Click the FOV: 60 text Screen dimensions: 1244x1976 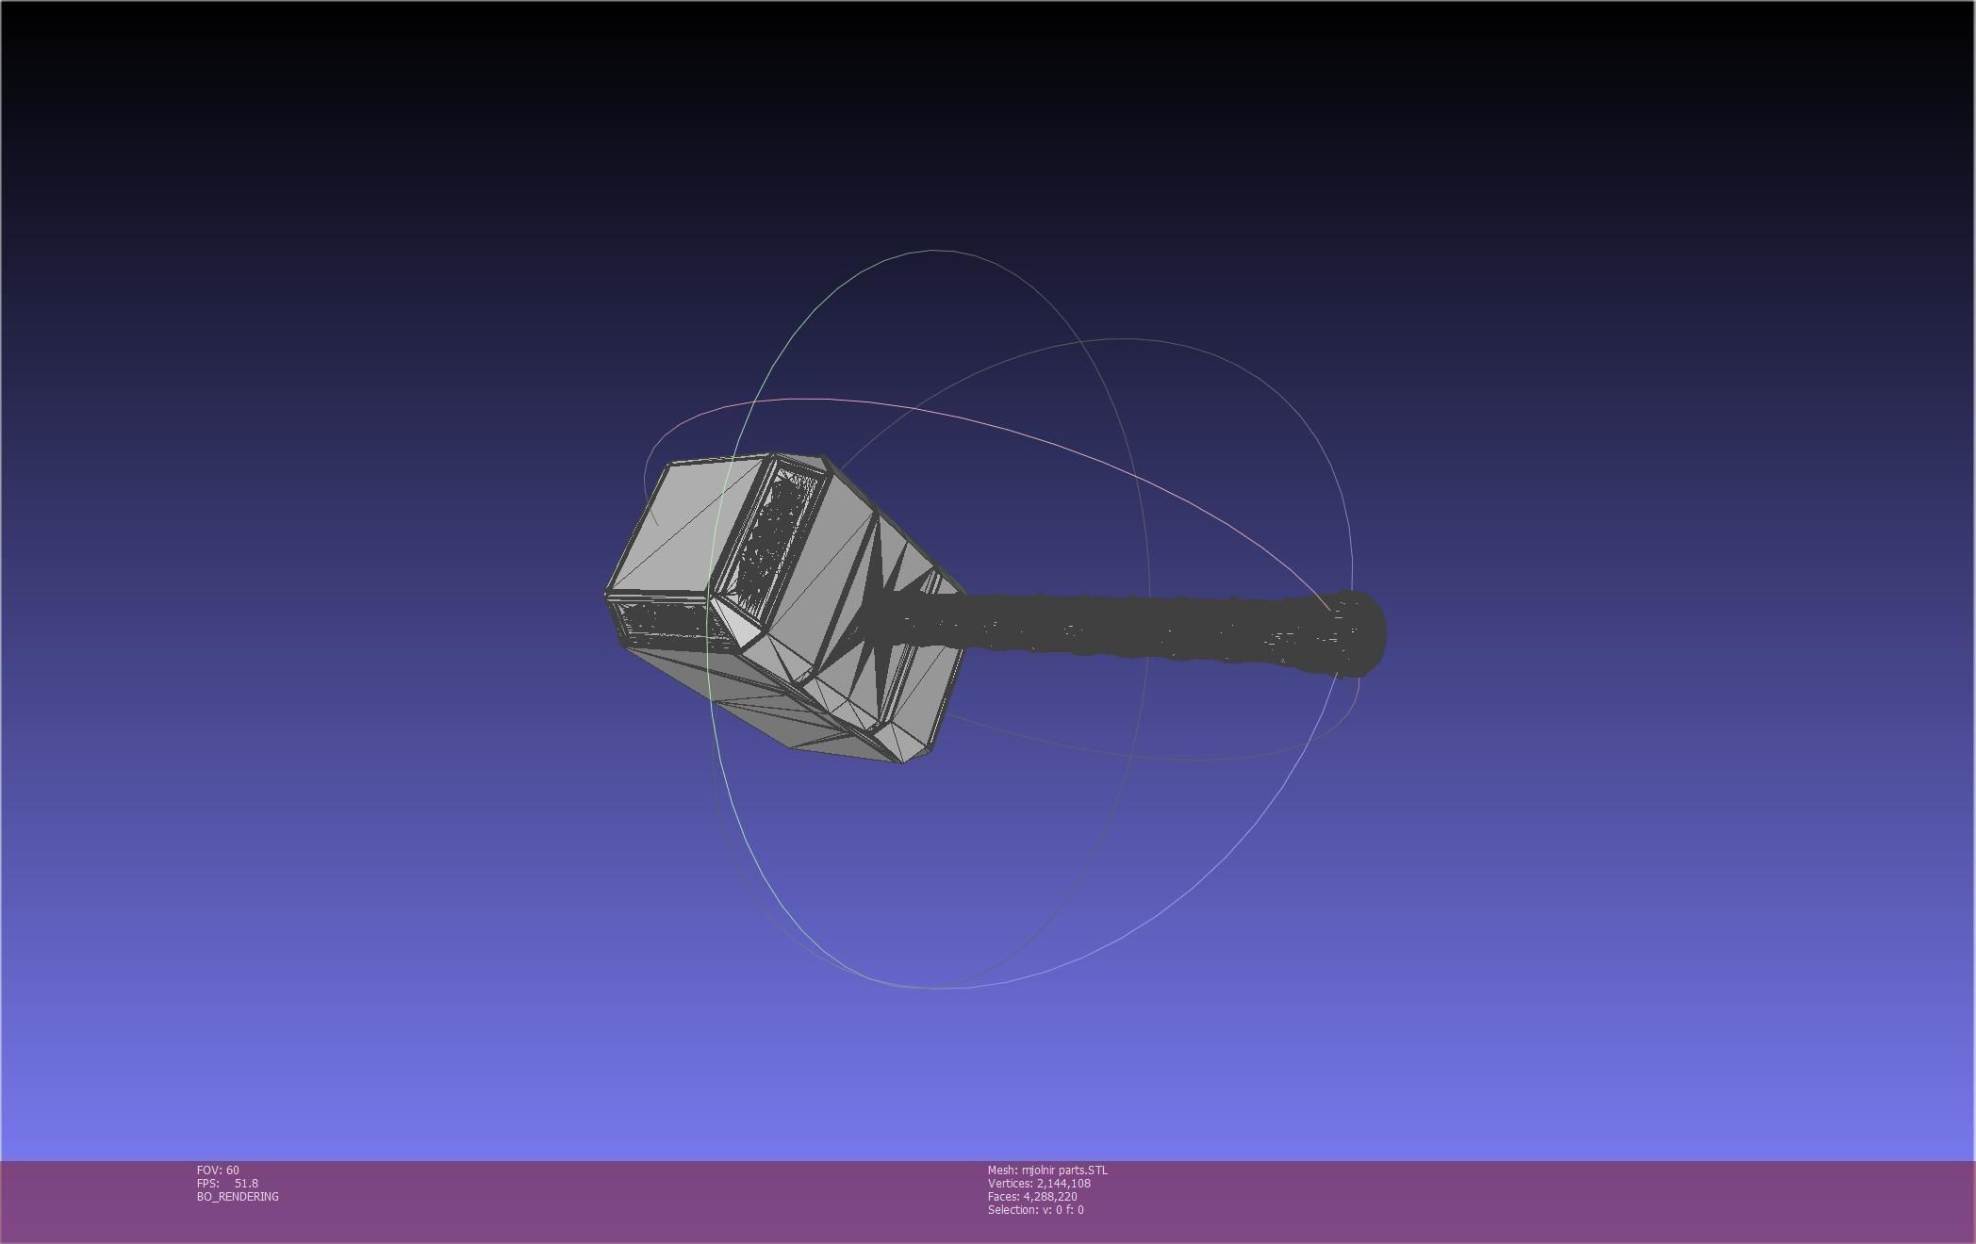pos(218,1170)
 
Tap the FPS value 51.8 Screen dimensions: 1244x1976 pos(246,1183)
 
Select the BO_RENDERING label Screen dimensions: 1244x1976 pos(238,1196)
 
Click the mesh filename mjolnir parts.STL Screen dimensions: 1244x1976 pos(1064,1170)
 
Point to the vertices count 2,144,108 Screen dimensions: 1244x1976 pos(1063,1183)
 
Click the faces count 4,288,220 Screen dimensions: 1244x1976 pos(1050,1196)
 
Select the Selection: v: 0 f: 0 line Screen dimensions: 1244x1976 pos(1035,1209)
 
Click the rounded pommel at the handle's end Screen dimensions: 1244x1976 pos(1358,633)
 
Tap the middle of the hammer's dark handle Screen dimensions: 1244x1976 pos(1131,624)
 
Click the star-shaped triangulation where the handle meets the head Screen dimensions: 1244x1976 pos(872,622)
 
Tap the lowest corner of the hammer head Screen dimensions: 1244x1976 pos(903,761)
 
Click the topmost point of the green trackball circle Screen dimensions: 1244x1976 pos(933,251)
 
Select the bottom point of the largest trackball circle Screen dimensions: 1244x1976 pos(933,988)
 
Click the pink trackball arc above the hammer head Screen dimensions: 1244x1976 pos(848,401)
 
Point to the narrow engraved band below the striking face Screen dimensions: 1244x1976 pos(660,622)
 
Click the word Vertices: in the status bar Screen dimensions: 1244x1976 pos(1010,1183)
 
